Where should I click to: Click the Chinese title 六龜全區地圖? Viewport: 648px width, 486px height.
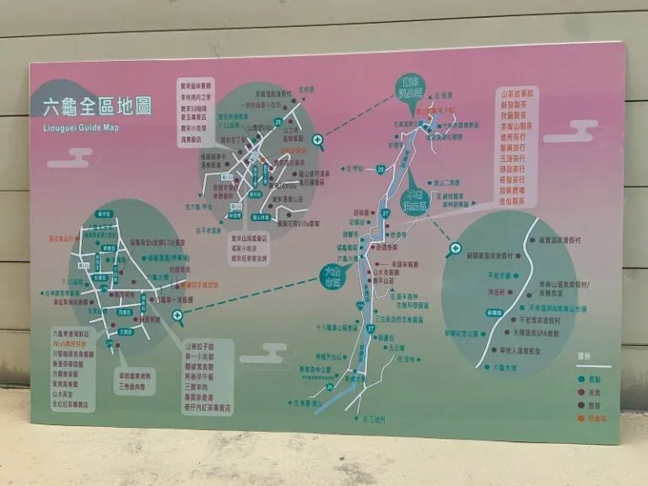click(97, 107)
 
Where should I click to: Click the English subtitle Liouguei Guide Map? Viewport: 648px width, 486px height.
click(80, 127)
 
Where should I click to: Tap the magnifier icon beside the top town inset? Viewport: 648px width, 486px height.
click(317, 143)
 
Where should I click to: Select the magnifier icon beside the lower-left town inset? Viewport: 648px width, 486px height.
click(178, 318)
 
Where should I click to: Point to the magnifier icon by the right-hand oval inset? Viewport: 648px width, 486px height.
click(455, 250)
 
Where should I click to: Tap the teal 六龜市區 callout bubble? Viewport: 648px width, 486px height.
click(336, 275)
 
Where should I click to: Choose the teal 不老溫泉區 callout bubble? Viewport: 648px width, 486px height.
click(415, 199)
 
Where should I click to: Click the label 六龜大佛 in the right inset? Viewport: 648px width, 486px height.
click(505, 369)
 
